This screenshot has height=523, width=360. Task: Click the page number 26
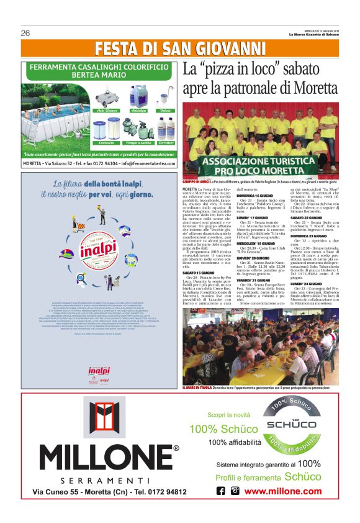click(26, 33)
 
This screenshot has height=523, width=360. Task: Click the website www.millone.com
click(283, 491)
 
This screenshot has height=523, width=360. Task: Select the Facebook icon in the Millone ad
click(221, 491)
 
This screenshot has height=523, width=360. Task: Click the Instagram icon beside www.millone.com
click(235, 491)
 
